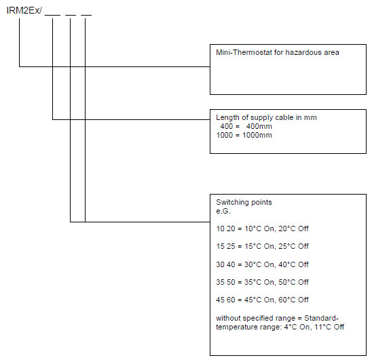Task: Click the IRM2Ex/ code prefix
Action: click(x=24, y=10)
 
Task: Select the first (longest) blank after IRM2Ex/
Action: click(x=52, y=15)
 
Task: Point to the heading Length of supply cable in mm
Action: click(x=267, y=117)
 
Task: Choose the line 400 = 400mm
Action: click(x=246, y=126)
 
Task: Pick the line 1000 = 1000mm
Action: click(x=244, y=135)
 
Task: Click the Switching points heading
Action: click(x=244, y=202)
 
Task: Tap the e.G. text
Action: click(x=223, y=211)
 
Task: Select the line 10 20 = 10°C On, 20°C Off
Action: click(x=263, y=228)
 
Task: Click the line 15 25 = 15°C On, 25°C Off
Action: click(x=263, y=246)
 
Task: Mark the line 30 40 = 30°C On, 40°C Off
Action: click(x=263, y=264)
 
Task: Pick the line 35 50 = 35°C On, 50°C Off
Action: click(x=263, y=282)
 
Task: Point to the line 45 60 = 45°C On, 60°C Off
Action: click(x=263, y=300)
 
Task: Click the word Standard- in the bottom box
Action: click(x=321, y=318)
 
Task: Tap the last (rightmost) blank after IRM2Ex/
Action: click(x=86, y=15)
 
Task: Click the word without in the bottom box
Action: click(x=228, y=318)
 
